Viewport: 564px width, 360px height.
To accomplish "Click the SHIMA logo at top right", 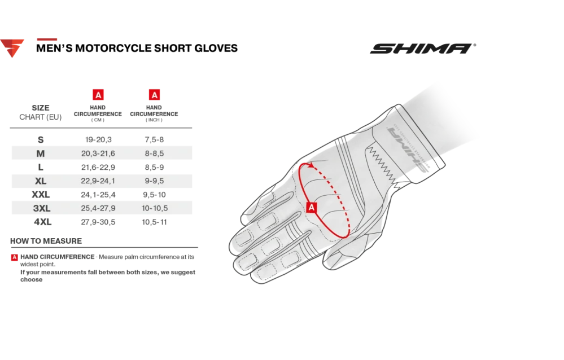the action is click(423, 49).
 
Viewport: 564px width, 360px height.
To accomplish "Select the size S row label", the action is click(41, 139).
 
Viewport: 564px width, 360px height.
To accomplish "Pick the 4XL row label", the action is click(42, 222).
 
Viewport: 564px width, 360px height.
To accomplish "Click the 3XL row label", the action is click(42, 208).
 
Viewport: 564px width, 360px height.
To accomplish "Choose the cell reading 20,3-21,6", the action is click(98, 153).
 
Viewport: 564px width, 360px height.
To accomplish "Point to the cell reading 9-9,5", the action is click(154, 181).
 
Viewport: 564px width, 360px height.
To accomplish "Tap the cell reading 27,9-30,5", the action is click(98, 222).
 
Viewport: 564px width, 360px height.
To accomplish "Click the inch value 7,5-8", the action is click(154, 139).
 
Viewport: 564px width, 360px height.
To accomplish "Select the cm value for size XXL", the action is click(98, 195).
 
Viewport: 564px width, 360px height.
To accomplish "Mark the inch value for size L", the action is click(154, 167).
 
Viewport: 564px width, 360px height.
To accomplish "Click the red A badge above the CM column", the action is click(98, 95).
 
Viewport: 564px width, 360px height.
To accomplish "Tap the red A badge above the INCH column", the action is click(154, 95).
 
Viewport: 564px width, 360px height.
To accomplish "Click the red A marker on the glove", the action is click(312, 207).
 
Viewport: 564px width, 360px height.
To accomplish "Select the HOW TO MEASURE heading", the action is click(46, 241).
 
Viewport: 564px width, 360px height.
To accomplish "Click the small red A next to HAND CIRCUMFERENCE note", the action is click(14, 257).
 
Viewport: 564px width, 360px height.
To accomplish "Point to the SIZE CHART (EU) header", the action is click(41, 112).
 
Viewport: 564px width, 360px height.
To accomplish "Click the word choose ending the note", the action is click(31, 280).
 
